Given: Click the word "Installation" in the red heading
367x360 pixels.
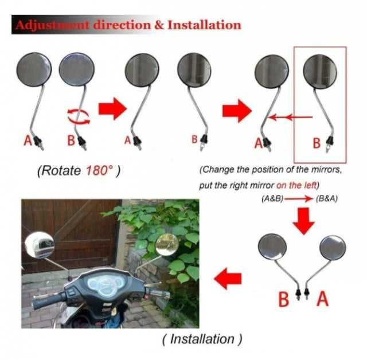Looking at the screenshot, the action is click(204, 25).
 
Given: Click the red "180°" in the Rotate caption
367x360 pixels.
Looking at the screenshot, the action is click(99, 170).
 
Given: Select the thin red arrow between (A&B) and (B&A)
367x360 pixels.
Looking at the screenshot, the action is click(299, 199).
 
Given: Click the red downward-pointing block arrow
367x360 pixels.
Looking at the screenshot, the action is click(303, 221).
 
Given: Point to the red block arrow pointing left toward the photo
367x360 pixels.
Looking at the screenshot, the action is click(228, 279).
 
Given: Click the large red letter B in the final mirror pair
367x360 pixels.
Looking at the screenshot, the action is click(284, 299).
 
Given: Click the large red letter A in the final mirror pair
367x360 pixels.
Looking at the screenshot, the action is click(322, 298).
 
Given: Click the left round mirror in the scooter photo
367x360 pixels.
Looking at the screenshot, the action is click(40, 245).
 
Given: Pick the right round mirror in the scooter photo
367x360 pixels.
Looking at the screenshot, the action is click(167, 244).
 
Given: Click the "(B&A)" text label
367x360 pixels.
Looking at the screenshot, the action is click(327, 199).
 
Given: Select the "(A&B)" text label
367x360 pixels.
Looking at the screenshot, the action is click(272, 199).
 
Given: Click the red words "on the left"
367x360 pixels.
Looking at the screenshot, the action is click(296, 185).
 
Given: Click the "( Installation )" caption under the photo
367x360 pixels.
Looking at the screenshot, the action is click(202, 339).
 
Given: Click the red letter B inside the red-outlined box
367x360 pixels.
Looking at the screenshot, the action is click(317, 143).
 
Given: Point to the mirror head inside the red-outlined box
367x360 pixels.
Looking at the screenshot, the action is click(320, 72).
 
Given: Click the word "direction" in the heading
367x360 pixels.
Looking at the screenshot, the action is click(122, 25).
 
